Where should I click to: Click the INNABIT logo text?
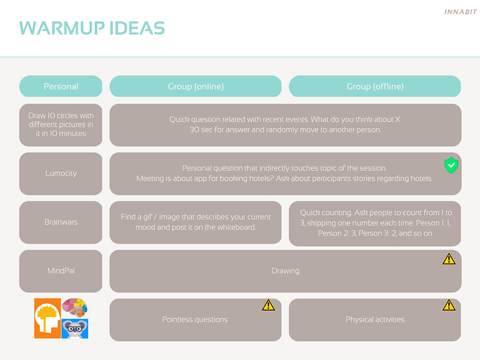tap(460, 12)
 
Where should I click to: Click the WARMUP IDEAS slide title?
tap(92, 28)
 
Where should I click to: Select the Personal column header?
tap(61, 87)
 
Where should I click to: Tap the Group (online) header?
tap(196, 87)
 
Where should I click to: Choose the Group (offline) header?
tap(375, 87)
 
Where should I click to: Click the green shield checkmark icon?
tap(451, 165)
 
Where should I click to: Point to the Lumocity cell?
tap(61, 173)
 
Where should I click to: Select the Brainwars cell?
tap(61, 222)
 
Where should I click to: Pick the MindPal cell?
tap(61, 271)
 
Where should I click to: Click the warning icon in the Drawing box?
tap(449, 259)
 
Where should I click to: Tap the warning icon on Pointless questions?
tap(268, 305)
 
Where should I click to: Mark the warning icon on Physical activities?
tap(449, 305)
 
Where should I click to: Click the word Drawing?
tap(285, 271)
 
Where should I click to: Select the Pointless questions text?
tap(195, 320)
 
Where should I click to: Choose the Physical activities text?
tap(375, 320)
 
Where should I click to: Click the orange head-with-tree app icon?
tap(48, 319)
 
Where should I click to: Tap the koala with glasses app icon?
tap(75, 329)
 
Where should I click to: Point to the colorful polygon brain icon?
tap(75, 308)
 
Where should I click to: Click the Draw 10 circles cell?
tap(61, 125)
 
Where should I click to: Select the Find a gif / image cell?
tap(196, 222)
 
